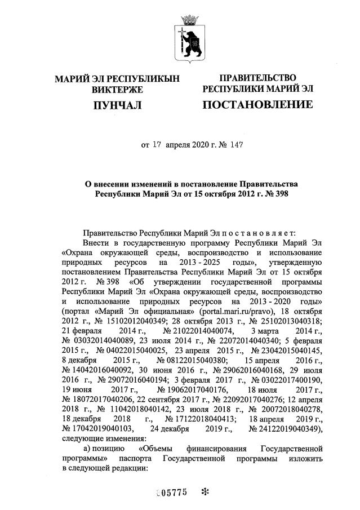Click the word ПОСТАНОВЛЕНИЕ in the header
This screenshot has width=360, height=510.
pos(257,105)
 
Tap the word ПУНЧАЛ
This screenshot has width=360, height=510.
pos(117,105)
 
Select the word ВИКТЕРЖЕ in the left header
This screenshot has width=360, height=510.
pos(117,89)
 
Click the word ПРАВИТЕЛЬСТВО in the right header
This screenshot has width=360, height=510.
pos(257,78)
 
